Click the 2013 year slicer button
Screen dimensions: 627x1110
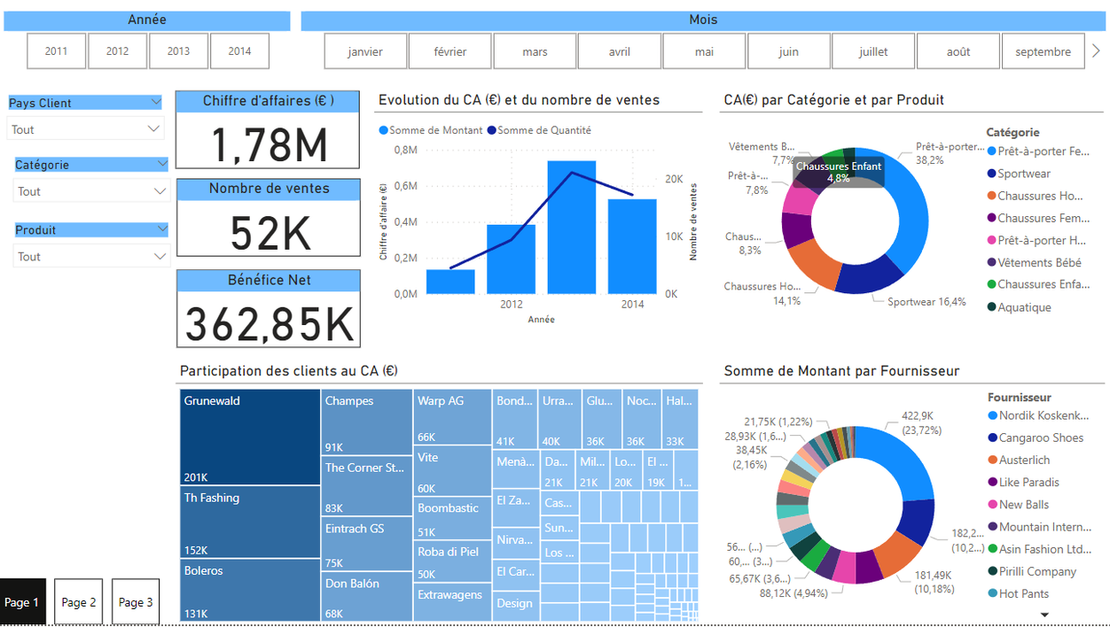[178, 51]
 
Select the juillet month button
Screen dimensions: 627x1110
[873, 51]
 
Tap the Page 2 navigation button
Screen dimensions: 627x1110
[78, 602]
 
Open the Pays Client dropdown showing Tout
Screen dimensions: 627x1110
[85, 129]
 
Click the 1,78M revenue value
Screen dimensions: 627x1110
[269, 144]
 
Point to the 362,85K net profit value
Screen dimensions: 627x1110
[269, 324]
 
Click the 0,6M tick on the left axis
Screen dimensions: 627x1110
[406, 186]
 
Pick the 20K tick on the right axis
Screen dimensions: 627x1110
[674, 179]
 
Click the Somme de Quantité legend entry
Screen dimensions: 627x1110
[543, 130]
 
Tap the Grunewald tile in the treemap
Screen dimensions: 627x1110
[249, 437]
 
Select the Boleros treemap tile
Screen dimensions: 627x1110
[249, 590]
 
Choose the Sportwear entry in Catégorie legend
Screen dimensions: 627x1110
[1024, 174]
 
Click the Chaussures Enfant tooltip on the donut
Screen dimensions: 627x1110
[839, 172]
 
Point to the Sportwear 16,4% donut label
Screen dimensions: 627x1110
[926, 302]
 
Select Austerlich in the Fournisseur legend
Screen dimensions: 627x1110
[1024, 460]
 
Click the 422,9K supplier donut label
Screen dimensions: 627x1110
[922, 422]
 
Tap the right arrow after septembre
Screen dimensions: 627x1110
[1097, 51]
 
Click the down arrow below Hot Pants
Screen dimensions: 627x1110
[1044, 615]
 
